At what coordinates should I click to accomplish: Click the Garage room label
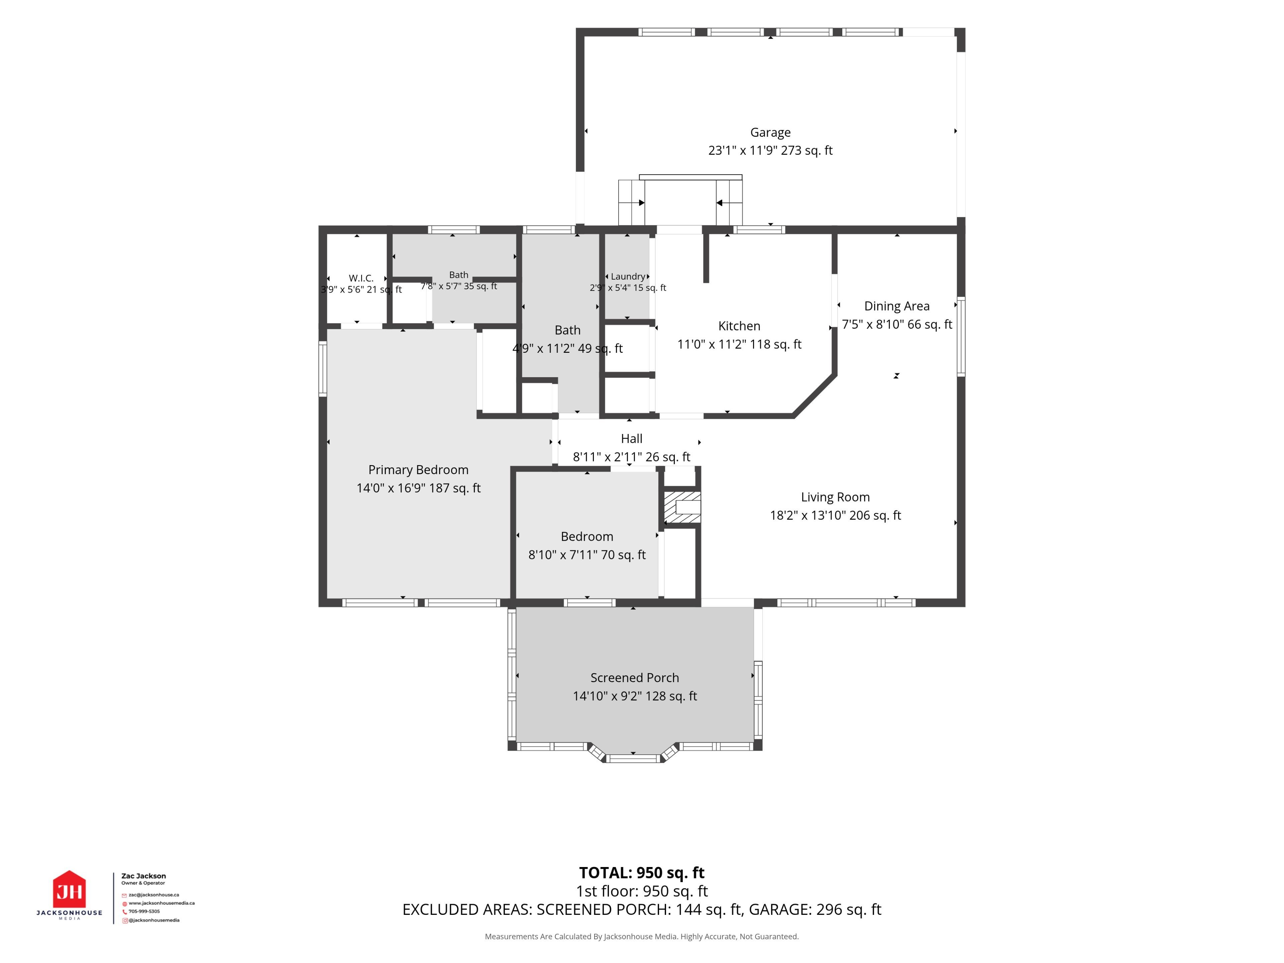(x=770, y=132)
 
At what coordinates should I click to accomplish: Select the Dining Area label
(x=897, y=306)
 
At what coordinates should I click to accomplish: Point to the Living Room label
(x=835, y=497)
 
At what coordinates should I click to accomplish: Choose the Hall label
(x=632, y=439)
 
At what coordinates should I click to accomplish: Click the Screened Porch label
(x=634, y=677)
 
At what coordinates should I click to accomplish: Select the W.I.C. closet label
(x=361, y=279)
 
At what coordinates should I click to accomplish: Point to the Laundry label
(x=628, y=276)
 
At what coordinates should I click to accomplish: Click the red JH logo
(x=70, y=889)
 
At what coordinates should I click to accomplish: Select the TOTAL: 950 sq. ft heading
(x=641, y=872)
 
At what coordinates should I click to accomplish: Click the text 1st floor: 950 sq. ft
(x=641, y=891)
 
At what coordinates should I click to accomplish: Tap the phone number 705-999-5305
(x=144, y=911)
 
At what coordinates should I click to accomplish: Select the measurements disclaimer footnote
(x=641, y=936)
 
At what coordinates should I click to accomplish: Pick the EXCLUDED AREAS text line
(x=641, y=909)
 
